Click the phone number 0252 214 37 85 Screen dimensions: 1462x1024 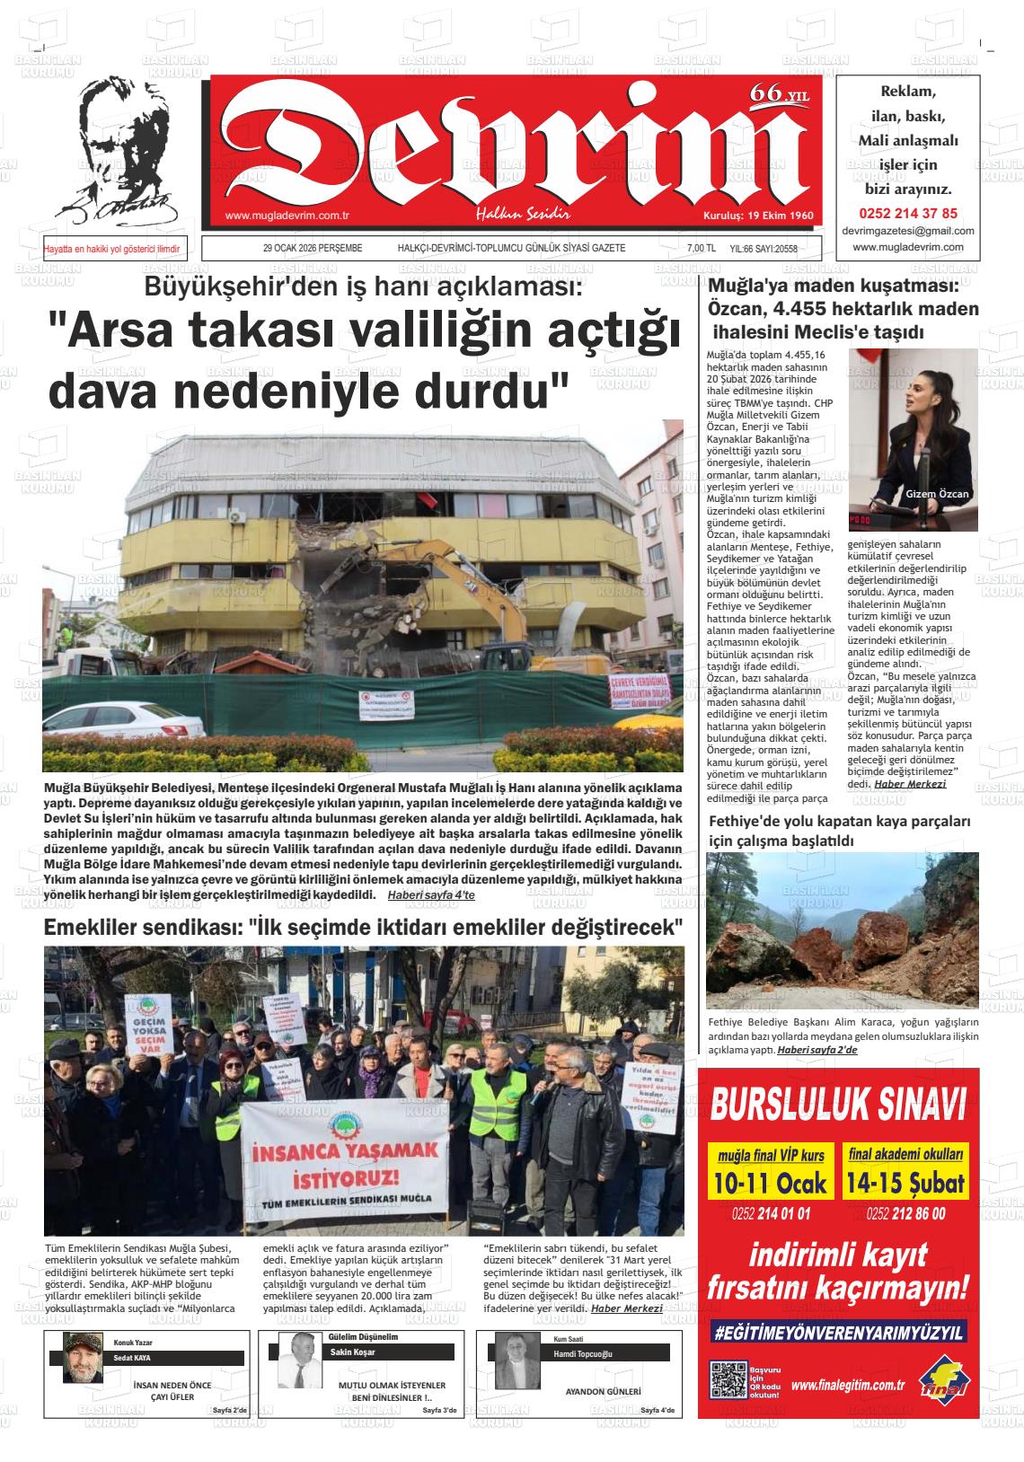908,214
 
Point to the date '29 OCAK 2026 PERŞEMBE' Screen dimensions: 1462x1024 313,248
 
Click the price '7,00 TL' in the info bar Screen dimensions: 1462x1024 701,249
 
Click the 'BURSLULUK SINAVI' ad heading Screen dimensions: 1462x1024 837,1104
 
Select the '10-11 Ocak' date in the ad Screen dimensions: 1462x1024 770,1183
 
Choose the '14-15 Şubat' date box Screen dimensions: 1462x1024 905,1183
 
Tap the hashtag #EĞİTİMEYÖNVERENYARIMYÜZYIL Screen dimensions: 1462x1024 837,1333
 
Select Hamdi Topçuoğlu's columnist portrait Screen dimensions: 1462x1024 517,1365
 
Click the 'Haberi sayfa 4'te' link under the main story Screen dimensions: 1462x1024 431,895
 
